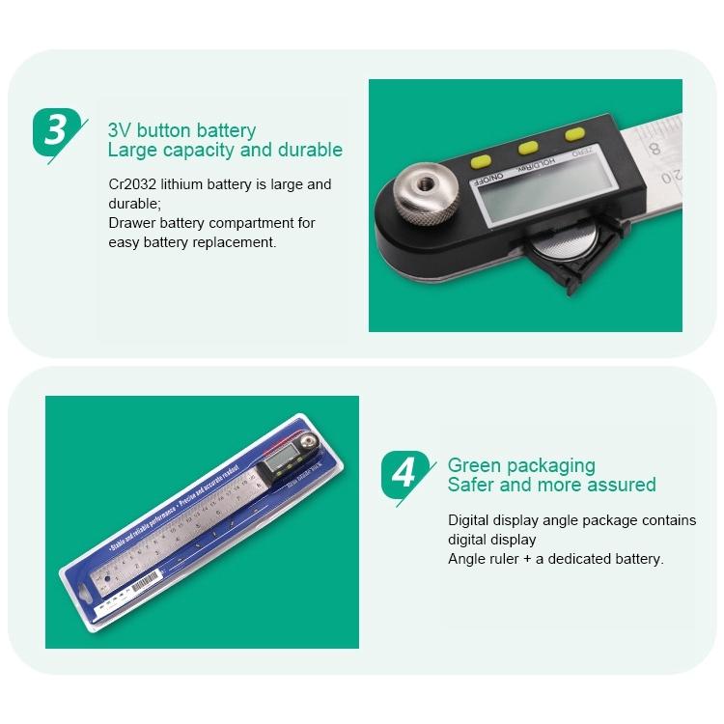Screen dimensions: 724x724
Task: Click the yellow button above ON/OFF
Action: pos(481,160)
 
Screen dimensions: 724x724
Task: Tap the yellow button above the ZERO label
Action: pos(576,135)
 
